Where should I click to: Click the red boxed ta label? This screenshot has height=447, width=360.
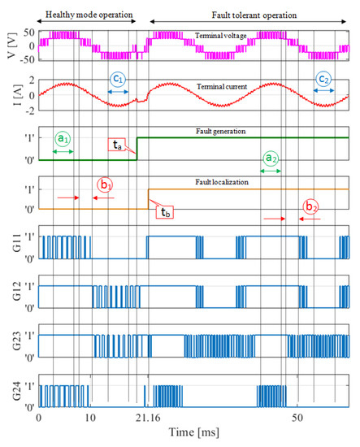tap(120, 145)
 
